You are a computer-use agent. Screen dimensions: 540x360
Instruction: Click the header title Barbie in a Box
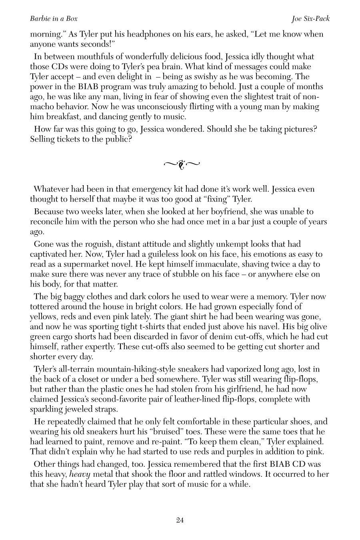(x=54, y=19)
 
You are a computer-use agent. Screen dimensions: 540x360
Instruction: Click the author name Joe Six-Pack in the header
(x=310, y=19)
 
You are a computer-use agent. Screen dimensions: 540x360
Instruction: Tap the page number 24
(x=180, y=520)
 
